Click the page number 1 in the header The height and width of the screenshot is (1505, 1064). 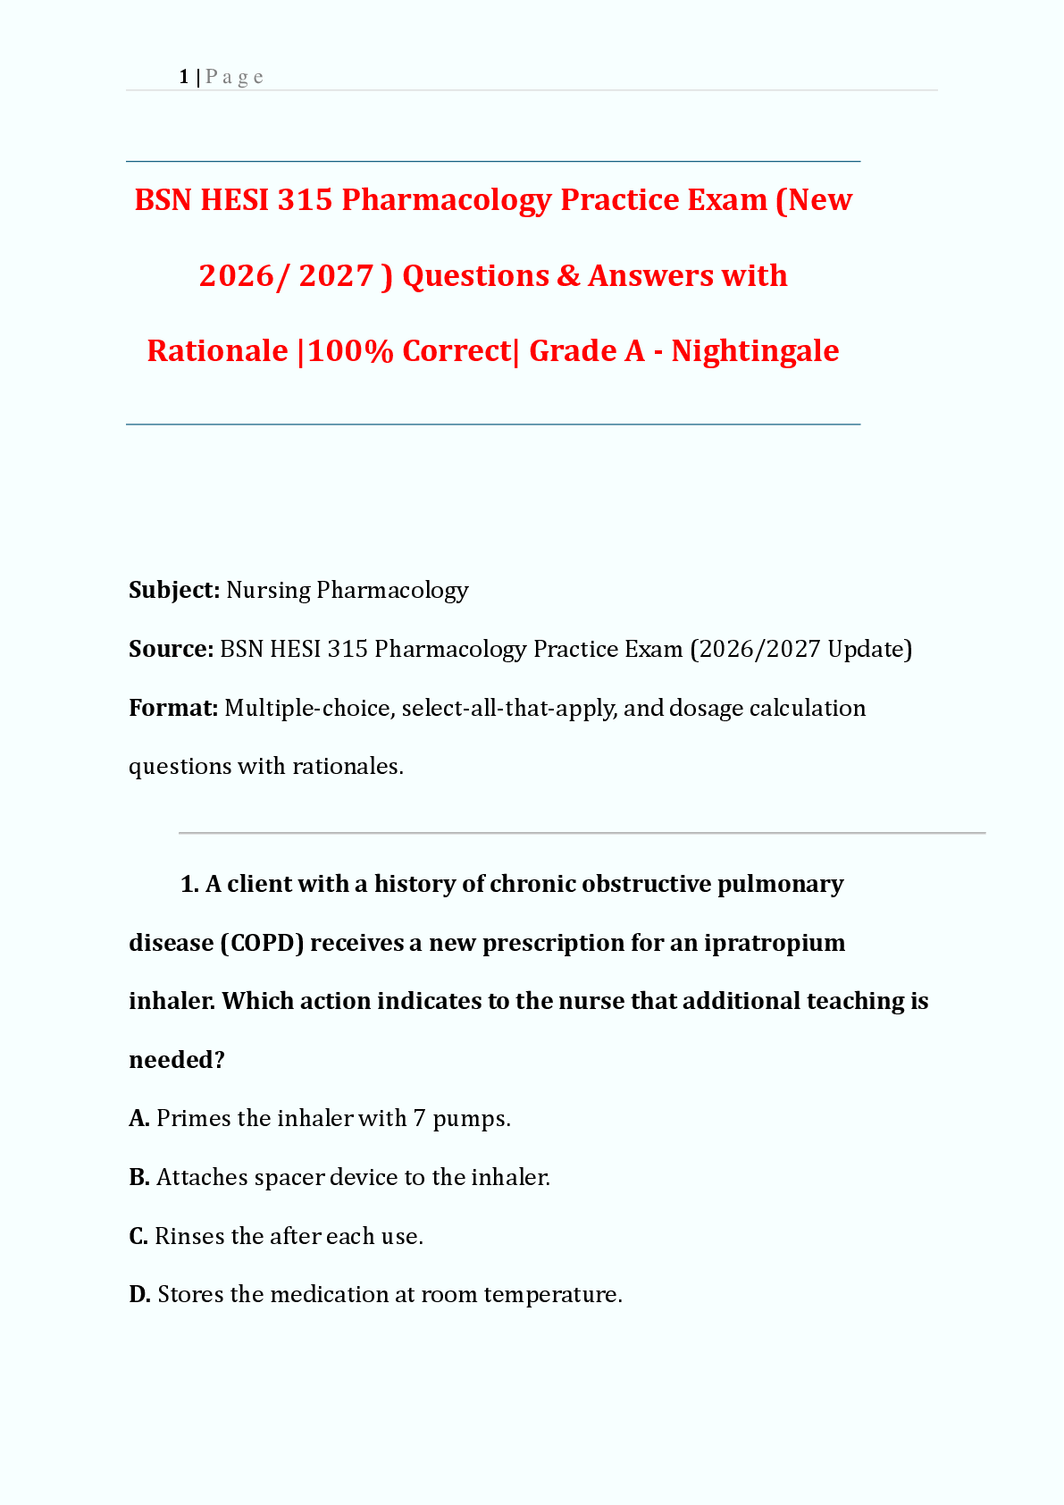coord(183,77)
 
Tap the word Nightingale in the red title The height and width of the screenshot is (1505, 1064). coord(755,350)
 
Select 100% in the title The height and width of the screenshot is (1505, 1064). coord(350,350)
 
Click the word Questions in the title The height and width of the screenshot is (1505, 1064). coord(475,275)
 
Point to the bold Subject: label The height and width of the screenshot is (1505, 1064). coord(174,590)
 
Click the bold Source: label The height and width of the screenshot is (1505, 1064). coord(171,649)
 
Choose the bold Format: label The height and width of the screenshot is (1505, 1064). coord(173,708)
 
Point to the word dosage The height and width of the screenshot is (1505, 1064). coord(706,708)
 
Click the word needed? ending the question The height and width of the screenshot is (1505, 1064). coord(177,1060)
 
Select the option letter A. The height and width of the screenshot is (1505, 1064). coord(138,1119)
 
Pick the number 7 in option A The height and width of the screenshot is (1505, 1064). coord(419,1119)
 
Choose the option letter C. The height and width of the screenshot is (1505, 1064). coord(138,1236)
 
